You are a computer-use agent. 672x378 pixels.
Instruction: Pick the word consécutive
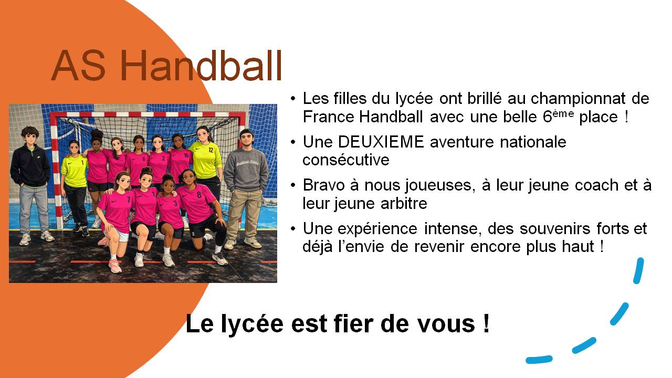tap(346, 160)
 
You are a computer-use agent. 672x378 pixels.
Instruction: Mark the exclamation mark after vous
tap(486, 324)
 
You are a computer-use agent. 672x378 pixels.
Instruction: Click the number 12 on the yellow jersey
tap(211, 150)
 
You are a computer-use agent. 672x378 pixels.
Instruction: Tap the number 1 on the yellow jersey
tap(82, 162)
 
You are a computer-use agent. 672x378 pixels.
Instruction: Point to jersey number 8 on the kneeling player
tap(199, 195)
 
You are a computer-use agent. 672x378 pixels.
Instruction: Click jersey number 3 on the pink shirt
tap(175, 203)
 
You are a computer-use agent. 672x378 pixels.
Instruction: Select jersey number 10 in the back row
tap(186, 155)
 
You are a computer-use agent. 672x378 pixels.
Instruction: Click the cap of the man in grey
tap(246, 131)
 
